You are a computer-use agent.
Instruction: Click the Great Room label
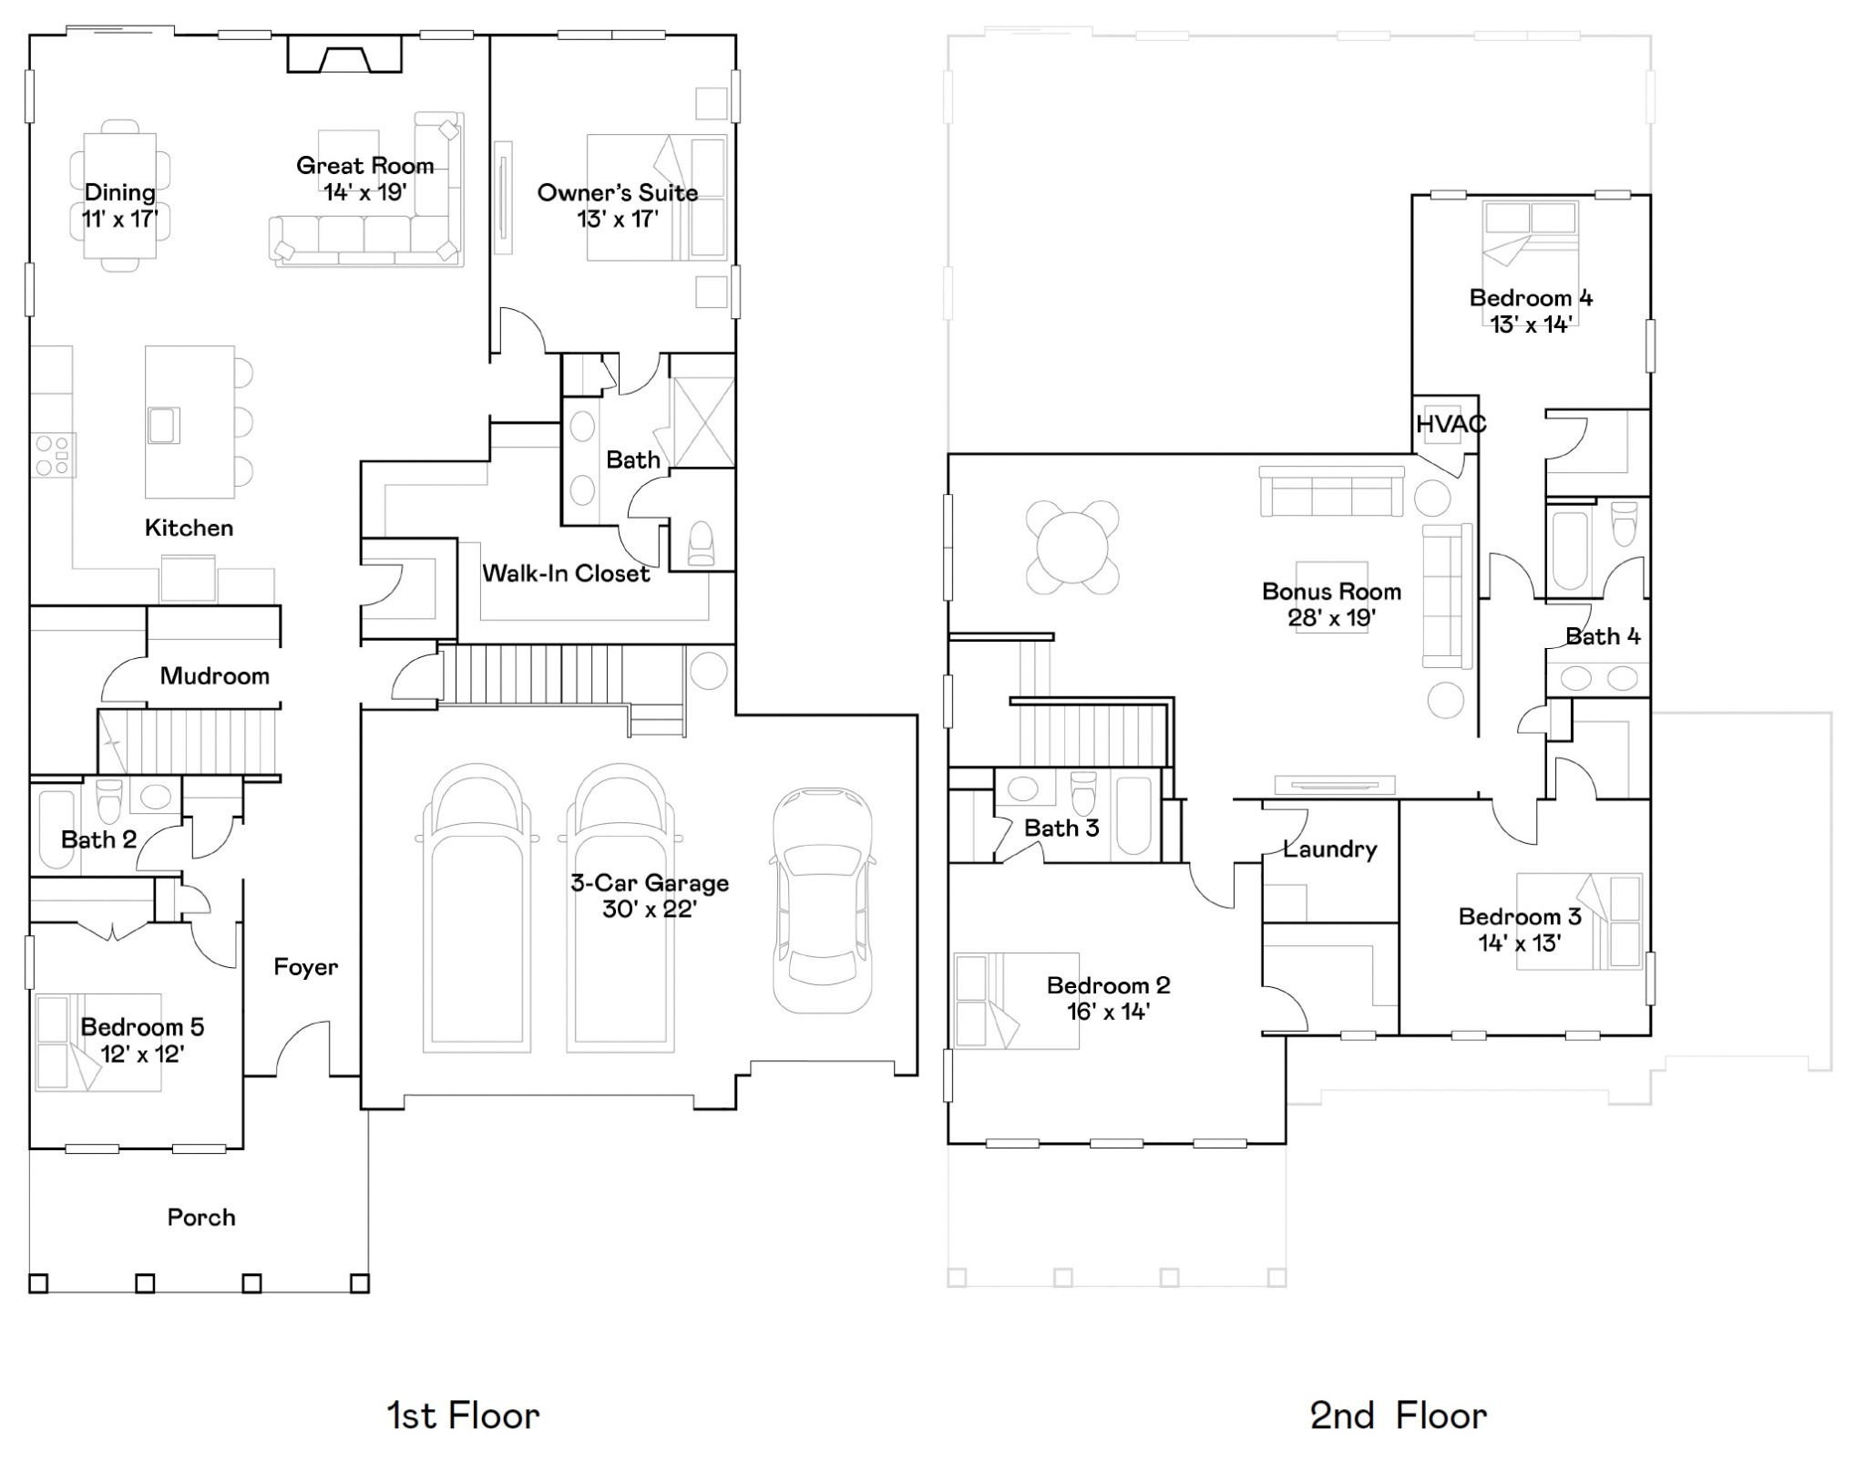[x=364, y=166]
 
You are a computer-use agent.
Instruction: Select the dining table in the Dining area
[x=119, y=195]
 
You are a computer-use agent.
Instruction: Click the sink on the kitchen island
[x=164, y=425]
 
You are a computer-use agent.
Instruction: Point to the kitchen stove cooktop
[x=53, y=455]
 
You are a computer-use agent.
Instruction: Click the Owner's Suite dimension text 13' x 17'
[x=617, y=219]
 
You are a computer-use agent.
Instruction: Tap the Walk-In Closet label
[x=565, y=573]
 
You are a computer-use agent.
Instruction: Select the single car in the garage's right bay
[x=822, y=901]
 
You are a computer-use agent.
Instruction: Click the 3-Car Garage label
[x=649, y=882]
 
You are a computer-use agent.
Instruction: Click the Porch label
[x=201, y=1217]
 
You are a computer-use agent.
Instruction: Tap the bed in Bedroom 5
[x=97, y=1042]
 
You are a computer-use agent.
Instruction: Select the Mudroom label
[x=214, y=675]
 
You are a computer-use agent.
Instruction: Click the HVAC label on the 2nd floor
[x=1451, y=424]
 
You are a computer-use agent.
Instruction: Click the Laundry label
[x=1329, y=849]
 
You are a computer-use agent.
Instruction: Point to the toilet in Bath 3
[x=1083, y=793]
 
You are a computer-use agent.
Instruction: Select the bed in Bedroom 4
[x=1530, y=246]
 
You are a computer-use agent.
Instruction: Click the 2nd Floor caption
[x=1398, y=1415]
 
